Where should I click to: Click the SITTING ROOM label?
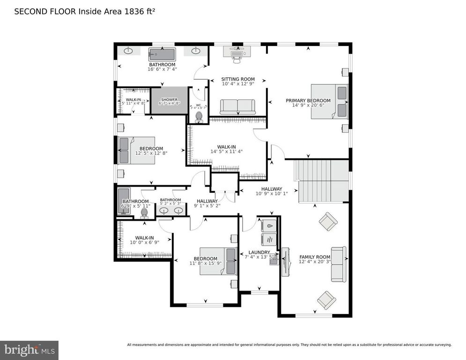238,79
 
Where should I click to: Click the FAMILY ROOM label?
314,257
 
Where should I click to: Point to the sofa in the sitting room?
237,107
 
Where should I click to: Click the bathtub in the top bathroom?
162,54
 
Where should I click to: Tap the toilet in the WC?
199,116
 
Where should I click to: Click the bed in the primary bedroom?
330,101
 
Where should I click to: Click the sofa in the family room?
338,264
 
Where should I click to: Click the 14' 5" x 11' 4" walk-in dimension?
227,151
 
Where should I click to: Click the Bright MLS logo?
29,350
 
